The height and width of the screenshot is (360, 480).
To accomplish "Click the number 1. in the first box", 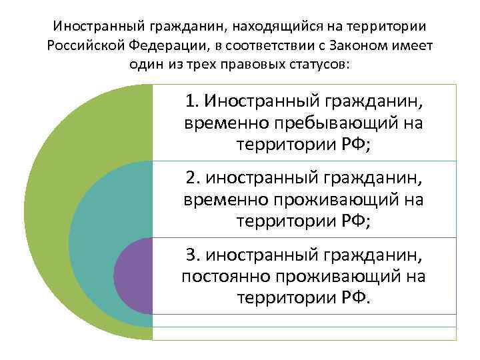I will pos(193,101).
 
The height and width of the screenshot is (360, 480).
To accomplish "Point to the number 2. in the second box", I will pos(193,179).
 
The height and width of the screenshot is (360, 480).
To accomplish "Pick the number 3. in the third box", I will pos(193,255).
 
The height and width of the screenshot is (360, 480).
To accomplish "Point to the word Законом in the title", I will pos(366,45).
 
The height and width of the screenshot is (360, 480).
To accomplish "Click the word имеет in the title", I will pos(415,45).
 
